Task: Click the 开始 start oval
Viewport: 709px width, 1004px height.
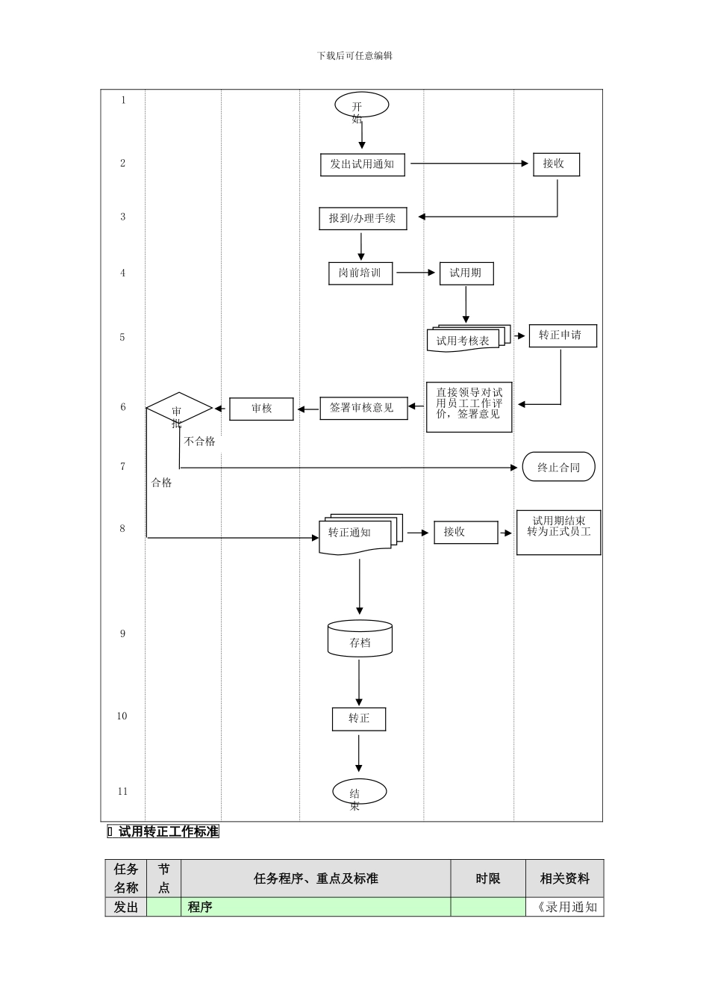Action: [361, 105]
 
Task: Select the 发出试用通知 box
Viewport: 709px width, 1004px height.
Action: [363, 164]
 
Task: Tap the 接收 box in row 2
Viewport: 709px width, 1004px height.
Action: [556, 164]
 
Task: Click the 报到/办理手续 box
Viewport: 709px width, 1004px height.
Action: [363, 219]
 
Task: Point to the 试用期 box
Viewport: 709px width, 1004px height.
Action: [466, 273]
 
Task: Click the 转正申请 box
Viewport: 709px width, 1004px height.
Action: [562, 335]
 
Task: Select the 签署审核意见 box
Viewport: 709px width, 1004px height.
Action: [363, 408]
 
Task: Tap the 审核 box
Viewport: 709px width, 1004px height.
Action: [261, 409]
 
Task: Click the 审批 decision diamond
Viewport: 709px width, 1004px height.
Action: [179, 409]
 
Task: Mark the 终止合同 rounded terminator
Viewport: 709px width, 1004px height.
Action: [559, 467]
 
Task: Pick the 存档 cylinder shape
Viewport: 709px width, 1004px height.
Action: [360, 639]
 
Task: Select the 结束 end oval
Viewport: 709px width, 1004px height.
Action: [359, 792]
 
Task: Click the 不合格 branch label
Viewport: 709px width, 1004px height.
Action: [200, 441]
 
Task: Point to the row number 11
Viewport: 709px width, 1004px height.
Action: [123, 791]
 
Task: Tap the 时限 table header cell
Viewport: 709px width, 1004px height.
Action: [488, 878]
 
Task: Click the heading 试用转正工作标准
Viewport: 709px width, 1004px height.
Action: [169, 831]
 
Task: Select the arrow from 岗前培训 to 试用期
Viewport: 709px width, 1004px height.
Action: [415, 273]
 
